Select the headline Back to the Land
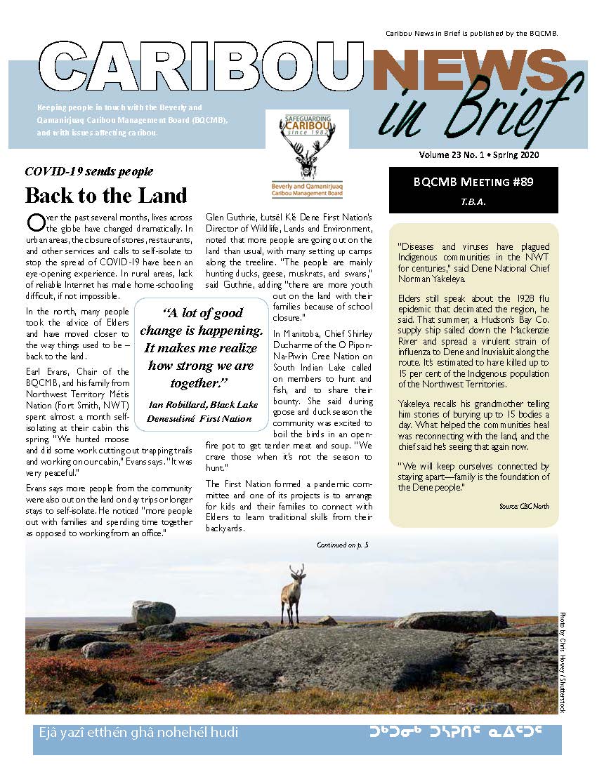tap(106, 195)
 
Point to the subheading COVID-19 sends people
tap(88, 171)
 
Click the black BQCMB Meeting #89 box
tap(473, 189)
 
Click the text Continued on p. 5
tap(343, 544)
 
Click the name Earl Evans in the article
tap(43, 371)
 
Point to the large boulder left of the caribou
tap(152, 614)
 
